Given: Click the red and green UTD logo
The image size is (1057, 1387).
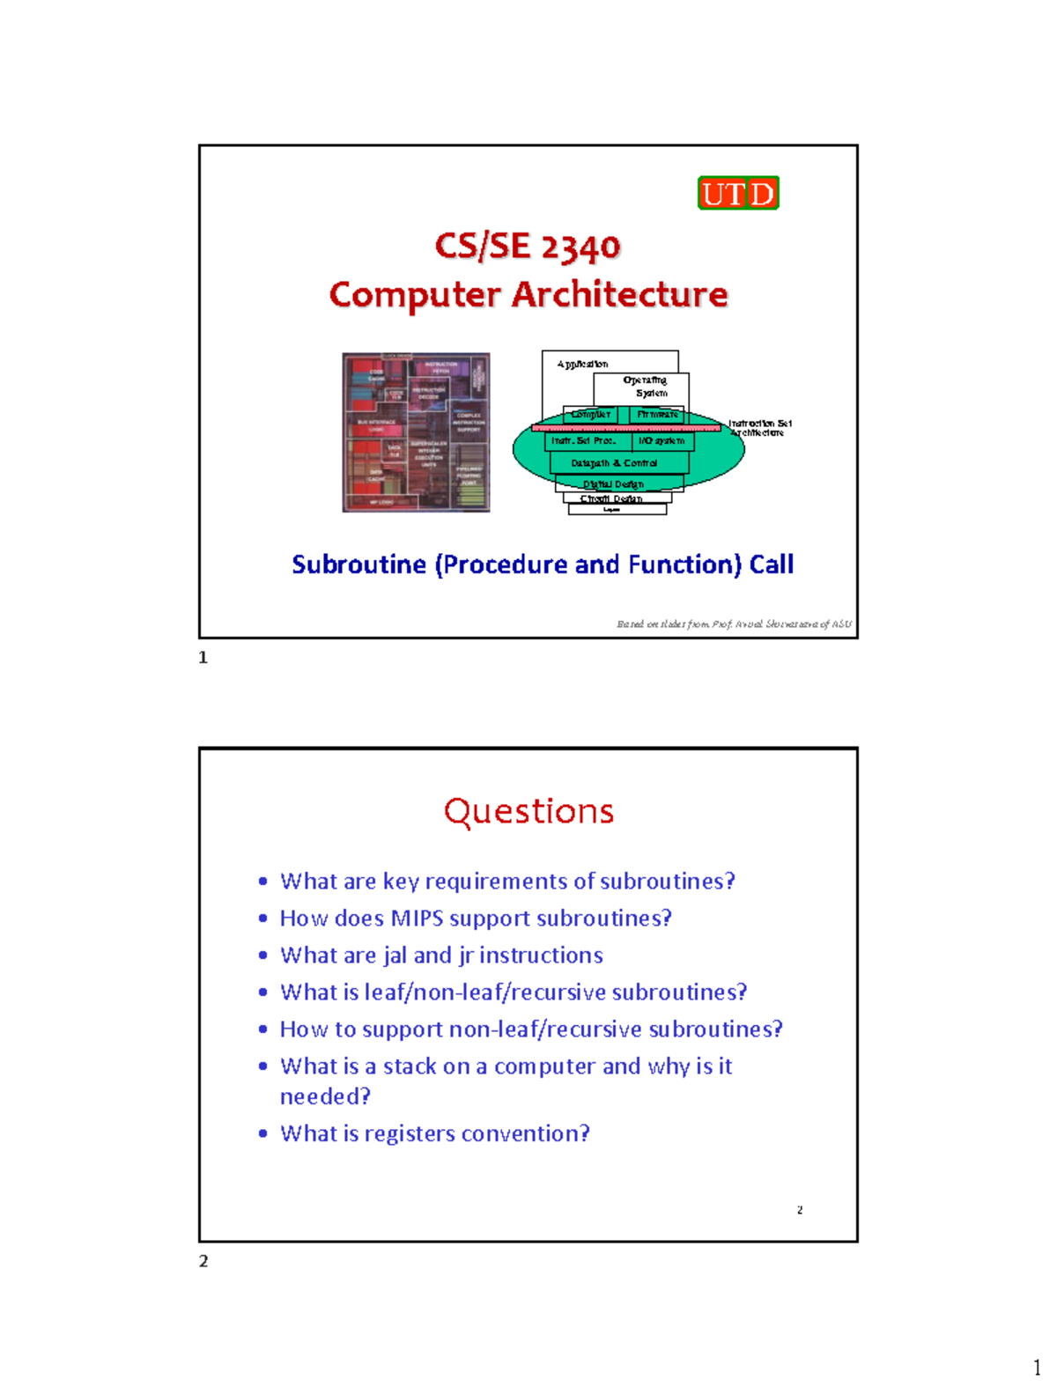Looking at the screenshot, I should (738, 193).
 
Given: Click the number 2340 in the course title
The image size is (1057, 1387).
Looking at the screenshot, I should (580, 247).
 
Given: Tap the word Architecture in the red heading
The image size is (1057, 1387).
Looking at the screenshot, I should (620, 295).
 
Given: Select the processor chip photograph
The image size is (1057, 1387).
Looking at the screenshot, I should (416, 432).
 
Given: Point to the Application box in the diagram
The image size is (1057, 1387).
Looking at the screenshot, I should (582, 364).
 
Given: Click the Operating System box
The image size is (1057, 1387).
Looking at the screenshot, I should (646, 387).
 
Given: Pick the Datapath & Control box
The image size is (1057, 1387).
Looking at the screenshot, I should (614, 463).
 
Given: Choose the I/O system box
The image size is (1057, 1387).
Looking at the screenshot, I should (662, 440).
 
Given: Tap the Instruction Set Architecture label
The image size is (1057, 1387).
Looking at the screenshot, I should (759, 428).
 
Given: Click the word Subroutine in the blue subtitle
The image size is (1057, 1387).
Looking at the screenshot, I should (359, 564).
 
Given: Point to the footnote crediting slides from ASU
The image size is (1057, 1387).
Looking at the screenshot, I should (734, 624).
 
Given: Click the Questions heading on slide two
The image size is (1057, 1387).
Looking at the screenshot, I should (528, 811).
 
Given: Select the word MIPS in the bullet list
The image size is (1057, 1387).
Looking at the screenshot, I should (417, 919).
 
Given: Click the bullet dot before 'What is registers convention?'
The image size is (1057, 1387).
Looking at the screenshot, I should (262, 1133).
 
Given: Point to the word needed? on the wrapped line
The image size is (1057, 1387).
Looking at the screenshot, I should (325, 1096).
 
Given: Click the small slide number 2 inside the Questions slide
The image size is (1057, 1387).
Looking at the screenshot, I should (800, 1210).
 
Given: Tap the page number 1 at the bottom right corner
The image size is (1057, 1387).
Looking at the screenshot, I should (1037, 1368).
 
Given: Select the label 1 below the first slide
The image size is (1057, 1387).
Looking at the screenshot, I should (203, 658).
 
